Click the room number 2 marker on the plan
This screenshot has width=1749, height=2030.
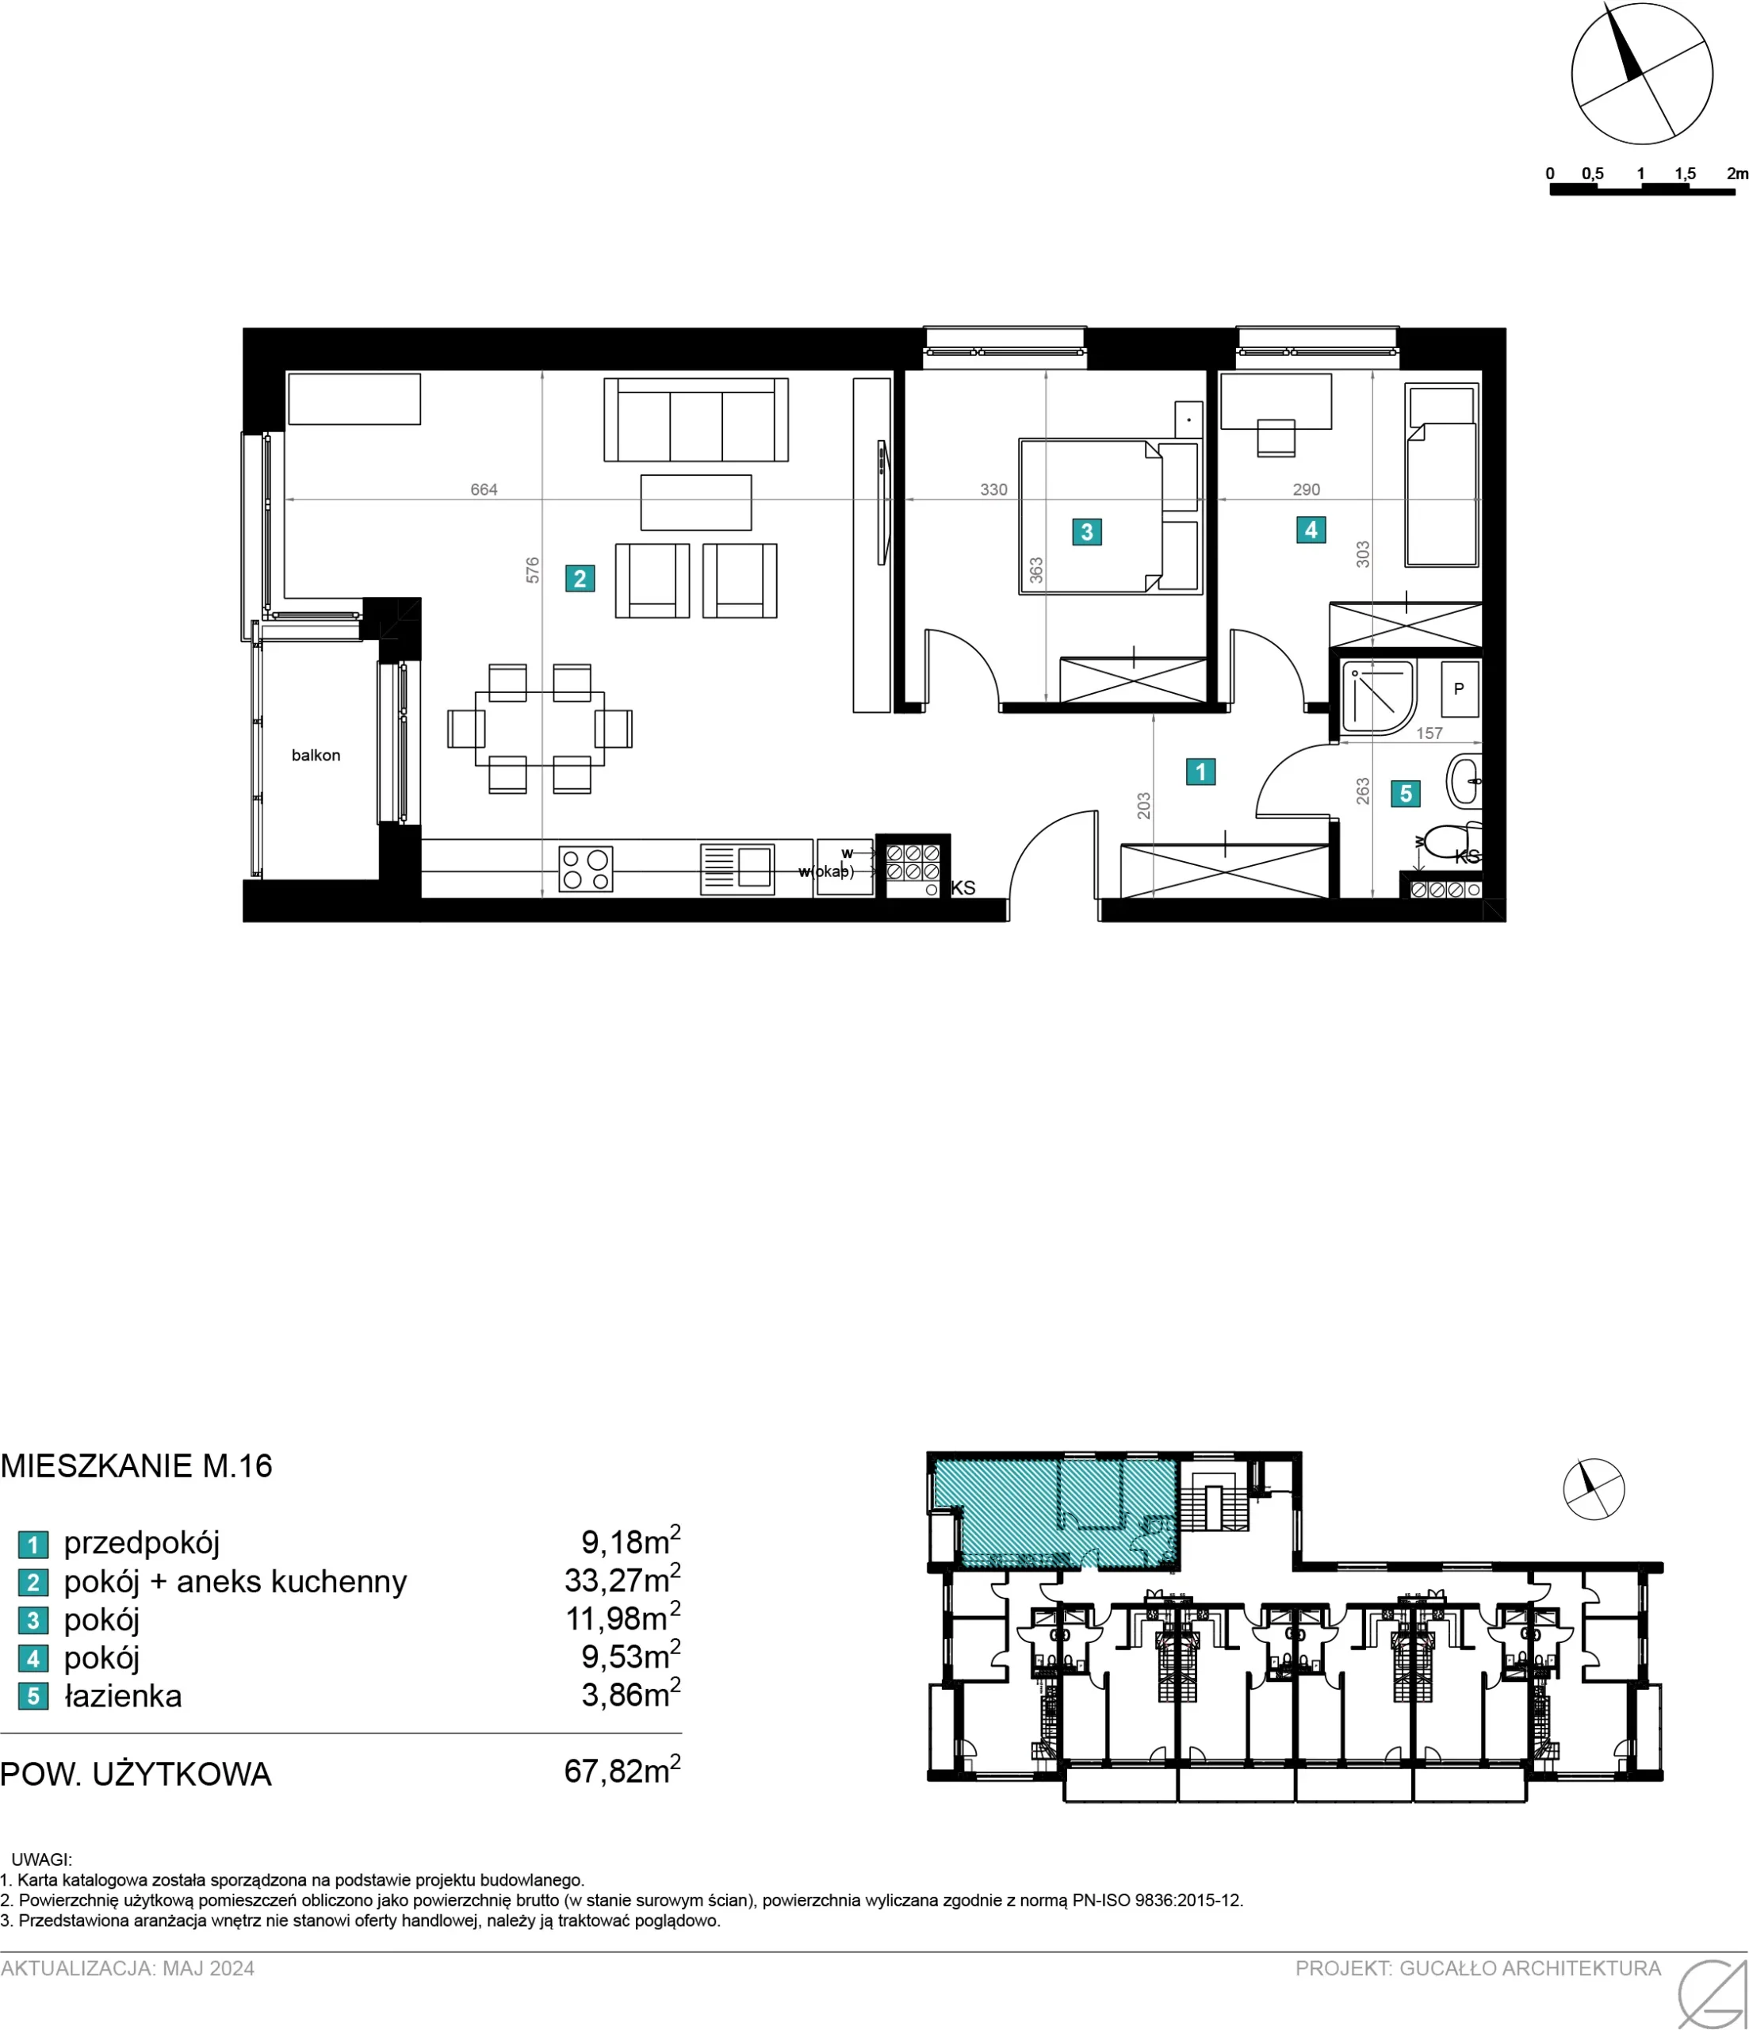[x=579, y=578]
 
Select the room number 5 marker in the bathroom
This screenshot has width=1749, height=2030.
[x=1405, y=794]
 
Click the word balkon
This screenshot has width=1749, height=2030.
[x=316, y=756]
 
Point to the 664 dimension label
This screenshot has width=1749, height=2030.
[x=484, y=489]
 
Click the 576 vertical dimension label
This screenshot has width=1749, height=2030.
[x=532, y=570]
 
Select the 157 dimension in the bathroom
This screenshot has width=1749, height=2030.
[x=1429, y=733]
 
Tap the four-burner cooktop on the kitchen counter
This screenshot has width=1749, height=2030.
[x=586, y=869]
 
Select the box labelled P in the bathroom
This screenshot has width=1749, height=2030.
[x=1459, y=689]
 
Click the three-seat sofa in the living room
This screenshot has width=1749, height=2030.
[x=695, y=419]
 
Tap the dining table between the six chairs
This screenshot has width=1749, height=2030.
[x=540, y=729]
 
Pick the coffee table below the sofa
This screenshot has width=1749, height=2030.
[x=695, y=503]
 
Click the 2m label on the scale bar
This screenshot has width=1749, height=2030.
[x=1736, y=174]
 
